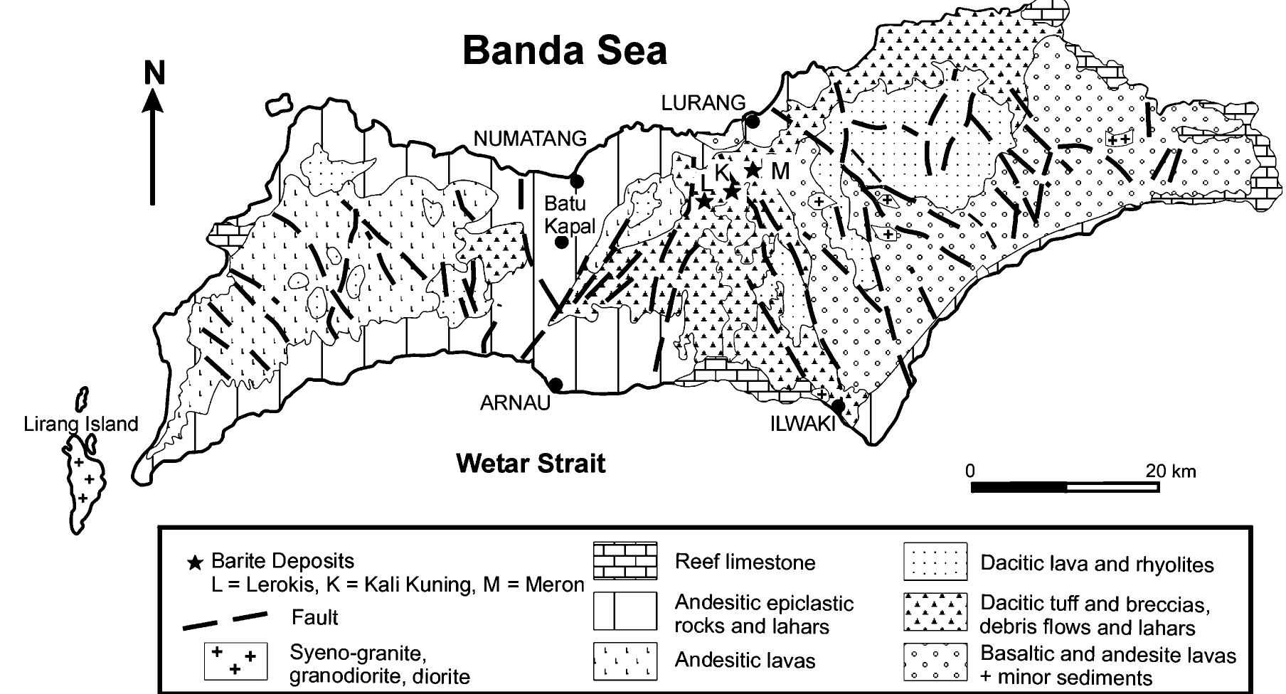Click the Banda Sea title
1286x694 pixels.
565,50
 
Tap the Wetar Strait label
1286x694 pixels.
531,464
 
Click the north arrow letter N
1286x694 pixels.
154,73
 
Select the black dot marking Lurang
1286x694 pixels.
751,120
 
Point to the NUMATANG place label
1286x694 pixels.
530,139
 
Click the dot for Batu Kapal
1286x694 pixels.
561,242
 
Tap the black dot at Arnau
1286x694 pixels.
556,385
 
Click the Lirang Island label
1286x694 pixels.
81,425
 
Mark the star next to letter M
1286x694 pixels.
753,171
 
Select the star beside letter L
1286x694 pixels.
703,201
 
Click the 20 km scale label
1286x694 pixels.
1171,471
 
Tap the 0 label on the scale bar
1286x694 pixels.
970,471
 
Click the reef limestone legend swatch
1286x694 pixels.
625,561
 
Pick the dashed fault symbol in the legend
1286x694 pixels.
225,619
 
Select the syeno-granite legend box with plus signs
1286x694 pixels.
235,661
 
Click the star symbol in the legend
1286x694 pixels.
194,564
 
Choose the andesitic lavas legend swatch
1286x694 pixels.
625,661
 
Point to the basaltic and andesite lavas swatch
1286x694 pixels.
935,662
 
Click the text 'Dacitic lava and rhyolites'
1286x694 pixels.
1097,564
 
